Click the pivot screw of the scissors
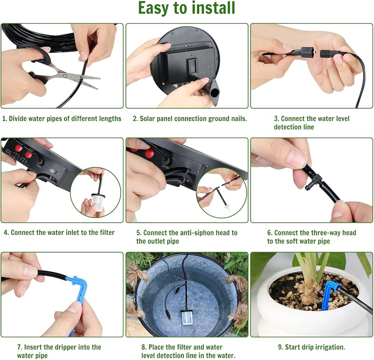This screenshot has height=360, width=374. coord(65,76)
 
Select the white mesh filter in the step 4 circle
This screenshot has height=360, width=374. coord(98,203)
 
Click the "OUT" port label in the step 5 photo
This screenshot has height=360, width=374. coord(192,172)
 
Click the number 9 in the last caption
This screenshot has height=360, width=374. coord(280,347)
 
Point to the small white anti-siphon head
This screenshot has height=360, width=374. coord(227,207)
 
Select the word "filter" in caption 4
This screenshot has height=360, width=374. coord(106,233)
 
